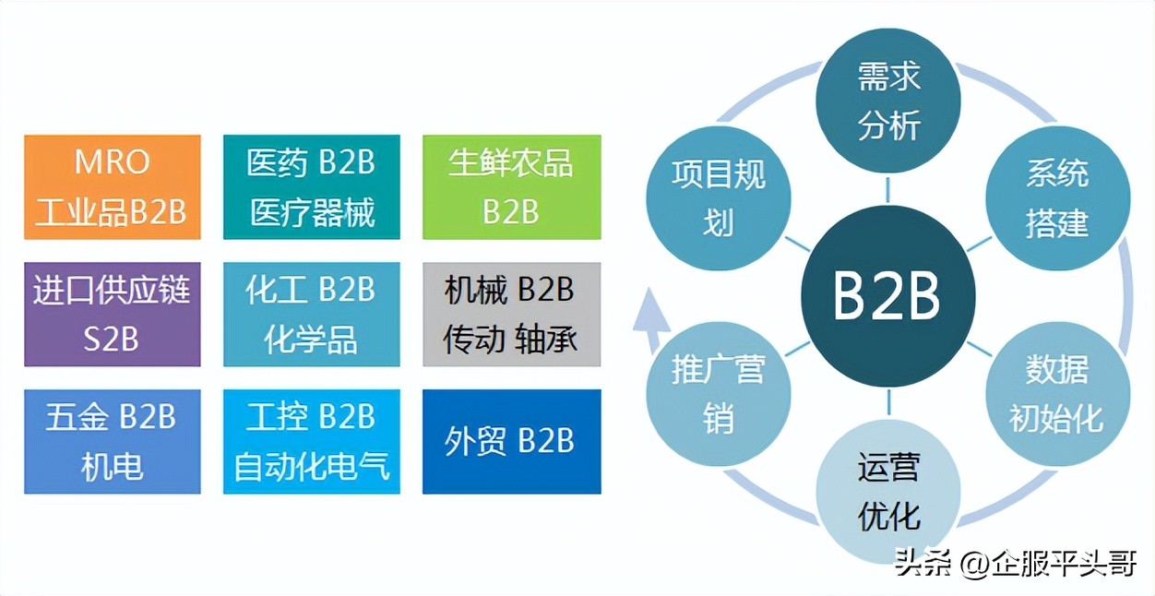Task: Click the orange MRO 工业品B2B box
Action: click(112, 187)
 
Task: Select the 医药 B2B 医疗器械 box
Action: click(312, 187)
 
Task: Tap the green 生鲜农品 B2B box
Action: click(511, 187)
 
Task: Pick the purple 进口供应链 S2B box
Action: click(112, 315)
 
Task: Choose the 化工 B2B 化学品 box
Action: click(312, 315)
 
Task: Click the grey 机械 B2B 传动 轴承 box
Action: click(511, 315)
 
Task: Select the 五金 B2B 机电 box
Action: click(112, 441)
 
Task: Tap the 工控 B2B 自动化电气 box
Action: click(312, 441)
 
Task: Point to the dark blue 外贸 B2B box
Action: click(511, 441)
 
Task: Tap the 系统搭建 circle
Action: click(1057, 198)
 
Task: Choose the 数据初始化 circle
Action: click(1057, 394)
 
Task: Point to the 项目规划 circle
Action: click(719, 198)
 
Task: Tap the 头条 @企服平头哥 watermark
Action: click(1015, 563)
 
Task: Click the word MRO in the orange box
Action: click(112, 162)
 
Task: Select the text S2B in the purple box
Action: click(112, 339)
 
